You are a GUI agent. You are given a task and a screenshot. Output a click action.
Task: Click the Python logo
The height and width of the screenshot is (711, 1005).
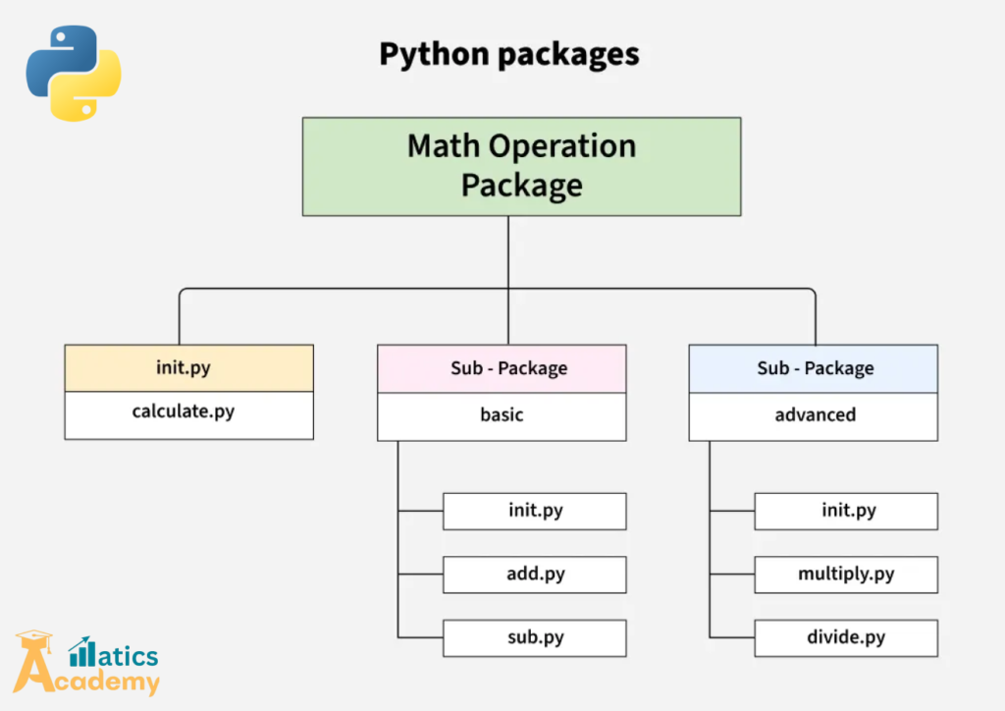[x=73, y=73]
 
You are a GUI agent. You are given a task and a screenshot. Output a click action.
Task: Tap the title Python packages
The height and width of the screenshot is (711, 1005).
[x=509, y=54]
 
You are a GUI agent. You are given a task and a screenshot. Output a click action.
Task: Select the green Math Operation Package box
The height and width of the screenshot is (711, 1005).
[x=522, y=167]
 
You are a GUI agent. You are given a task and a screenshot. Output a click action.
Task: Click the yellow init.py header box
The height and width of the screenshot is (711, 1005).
[x=189, y=368]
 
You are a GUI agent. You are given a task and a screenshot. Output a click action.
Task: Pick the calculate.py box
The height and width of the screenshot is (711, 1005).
[x=189, y=415]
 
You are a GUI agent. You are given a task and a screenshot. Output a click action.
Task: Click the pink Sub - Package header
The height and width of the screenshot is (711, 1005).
[x=502, y=368]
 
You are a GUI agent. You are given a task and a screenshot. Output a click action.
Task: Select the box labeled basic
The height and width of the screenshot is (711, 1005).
[x=502, y=416]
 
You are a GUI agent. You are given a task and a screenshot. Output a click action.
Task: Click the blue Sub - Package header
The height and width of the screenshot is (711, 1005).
[x=814, y=368]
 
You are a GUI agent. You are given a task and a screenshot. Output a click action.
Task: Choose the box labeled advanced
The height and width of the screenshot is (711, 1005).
[x=814, y=416]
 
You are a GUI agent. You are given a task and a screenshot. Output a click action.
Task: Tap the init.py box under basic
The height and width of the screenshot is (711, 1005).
[x=535, y=511]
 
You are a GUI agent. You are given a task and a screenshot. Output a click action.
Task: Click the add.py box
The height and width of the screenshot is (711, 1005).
[x=535, y=574]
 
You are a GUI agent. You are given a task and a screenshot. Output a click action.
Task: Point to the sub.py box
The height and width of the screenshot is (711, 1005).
[x=535, y=638]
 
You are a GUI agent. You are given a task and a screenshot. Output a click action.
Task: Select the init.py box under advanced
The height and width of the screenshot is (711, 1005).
[x=846, y=511]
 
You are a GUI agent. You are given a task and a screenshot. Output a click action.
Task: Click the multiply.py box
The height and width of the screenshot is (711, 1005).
[x=846, y=574]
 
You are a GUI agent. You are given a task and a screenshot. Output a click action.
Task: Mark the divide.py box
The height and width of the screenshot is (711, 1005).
[x=846, y=638]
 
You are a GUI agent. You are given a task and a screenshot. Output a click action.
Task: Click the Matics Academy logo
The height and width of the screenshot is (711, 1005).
[x=86, y=663]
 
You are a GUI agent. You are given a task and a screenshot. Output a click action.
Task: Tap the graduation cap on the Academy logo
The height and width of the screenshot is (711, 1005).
[x=34, y=639]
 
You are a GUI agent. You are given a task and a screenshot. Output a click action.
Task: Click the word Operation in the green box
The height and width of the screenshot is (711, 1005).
[x=562, y=147]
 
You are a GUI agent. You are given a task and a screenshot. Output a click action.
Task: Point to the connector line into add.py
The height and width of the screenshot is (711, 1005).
[x=420, y=574]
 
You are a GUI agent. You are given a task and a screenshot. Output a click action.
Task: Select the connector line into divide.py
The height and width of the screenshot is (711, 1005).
[x=732, y=637]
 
